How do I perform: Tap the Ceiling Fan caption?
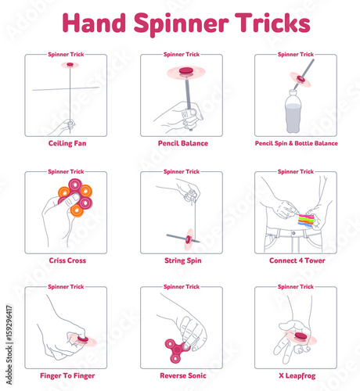click(x=65, y=144)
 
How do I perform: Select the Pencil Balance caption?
click(x=181, y=144)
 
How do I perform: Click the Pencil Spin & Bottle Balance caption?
click(x=296, y=144)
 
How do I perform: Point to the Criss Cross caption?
click(x=65, y=260)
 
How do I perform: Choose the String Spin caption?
click(x=181, y=260)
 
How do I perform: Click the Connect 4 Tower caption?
click(x=296, y=260)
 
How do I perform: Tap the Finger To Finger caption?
click(x=65, y=376)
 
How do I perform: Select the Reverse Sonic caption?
click(x=181, y=376)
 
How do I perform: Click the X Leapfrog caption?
click(x=296, y=376)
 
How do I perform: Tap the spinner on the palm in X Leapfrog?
click(x=298, y=335)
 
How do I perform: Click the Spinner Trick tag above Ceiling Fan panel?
click(x=65, y=55)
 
